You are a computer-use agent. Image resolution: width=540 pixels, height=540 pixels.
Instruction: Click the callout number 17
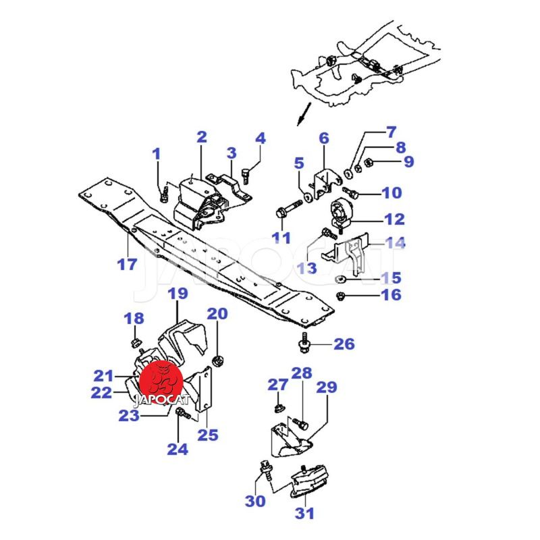[127, 264]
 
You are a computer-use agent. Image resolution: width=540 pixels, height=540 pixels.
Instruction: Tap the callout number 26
[344, 344]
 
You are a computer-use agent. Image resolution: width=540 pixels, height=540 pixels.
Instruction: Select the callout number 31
[304, 514]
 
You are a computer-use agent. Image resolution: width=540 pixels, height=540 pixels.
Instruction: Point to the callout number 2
[201, 137]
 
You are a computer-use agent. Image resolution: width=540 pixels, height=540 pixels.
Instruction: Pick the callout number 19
[177, 294]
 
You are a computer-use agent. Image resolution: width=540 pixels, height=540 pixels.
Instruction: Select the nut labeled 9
[369, 163]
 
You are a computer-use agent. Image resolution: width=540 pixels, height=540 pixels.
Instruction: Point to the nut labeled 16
[342, 296]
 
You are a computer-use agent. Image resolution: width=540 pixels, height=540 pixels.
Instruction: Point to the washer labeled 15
[341, 279]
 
